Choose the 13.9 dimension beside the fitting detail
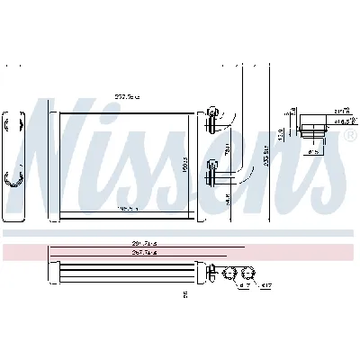pos(280,135)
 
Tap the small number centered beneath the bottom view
pos(184,294)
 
